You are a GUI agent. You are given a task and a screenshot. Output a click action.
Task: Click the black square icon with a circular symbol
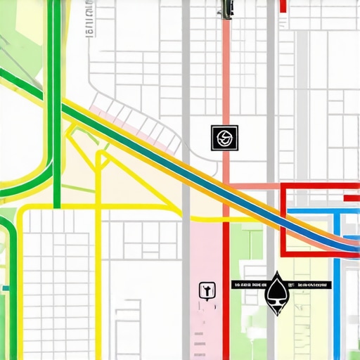tap(225, 138)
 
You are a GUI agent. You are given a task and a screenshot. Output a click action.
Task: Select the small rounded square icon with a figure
tap(206, 289)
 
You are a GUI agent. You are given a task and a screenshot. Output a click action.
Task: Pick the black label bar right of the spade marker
tap(310, 285)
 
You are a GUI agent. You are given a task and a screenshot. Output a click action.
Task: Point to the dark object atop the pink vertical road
tap(226, 8)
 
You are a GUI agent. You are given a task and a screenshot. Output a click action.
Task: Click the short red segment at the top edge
tap(283, 6)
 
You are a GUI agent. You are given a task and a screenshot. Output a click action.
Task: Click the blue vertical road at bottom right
tap(337, 302)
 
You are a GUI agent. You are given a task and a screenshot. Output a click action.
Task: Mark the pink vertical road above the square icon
tap(226, 77)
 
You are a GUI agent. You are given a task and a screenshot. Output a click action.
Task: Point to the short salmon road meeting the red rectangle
tap(257, 186)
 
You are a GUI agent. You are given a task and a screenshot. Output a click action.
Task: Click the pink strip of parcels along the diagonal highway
tap(134, 127)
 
